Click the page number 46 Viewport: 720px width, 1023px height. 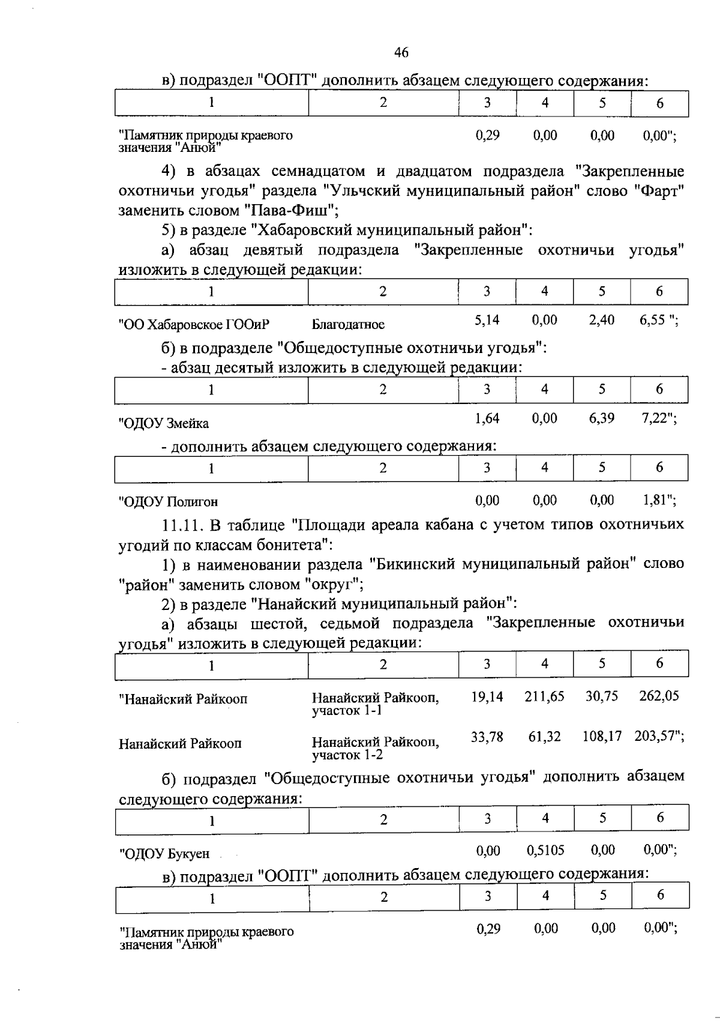tap(401, 53)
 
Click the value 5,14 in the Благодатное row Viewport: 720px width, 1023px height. tap(487, 320)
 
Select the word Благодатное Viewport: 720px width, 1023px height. tap(348, 325)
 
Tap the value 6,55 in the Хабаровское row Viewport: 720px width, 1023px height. tap(653, 320)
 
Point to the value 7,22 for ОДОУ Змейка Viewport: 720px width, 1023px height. tap(655, 418)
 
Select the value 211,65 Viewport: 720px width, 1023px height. tap(544, 696)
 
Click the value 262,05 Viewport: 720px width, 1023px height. tap(659, 696)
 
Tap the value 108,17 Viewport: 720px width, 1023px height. tap(602, 737)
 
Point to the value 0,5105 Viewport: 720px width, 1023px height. tap(545, 850)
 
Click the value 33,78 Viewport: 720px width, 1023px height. tap(487, 737)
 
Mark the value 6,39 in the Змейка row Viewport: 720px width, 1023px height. tap(601, 418)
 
